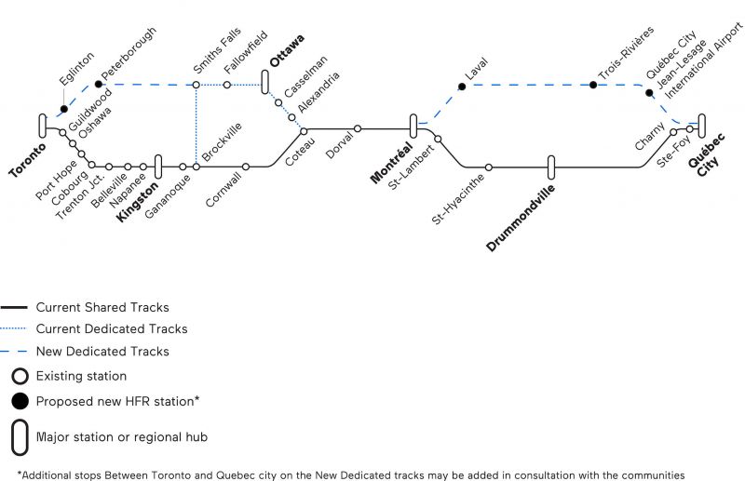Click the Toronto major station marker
coord(43,126)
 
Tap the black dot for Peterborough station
coord(99,85)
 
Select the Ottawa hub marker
coord(265,82)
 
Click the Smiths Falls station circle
coord(196,85)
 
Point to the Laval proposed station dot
coord(462,87)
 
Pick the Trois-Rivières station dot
coord(593,85)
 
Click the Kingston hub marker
coord(158,167)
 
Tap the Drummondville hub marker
coord(551,167)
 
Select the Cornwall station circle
coord(246,167)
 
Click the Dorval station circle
coord(358,128)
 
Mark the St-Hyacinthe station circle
coord(488,167)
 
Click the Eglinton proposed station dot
coord(64,109)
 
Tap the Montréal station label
coord(391,163)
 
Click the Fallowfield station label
coord(246,52)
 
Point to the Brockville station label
coord(222,141)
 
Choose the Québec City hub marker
coord(702,126)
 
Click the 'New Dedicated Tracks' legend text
coord(102,352)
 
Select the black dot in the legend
coord(20,401)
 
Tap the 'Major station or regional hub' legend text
coord(122,437)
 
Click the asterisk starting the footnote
coord(20,474)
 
